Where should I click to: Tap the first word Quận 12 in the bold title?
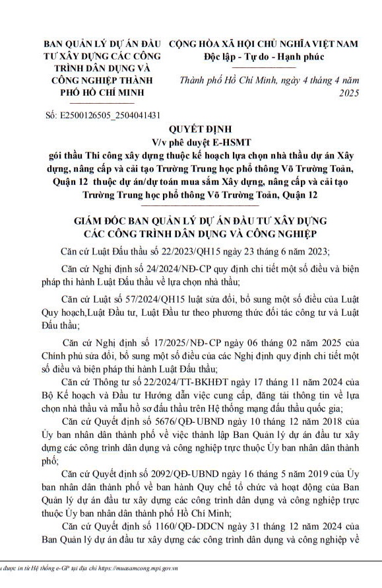coord(69,182)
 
